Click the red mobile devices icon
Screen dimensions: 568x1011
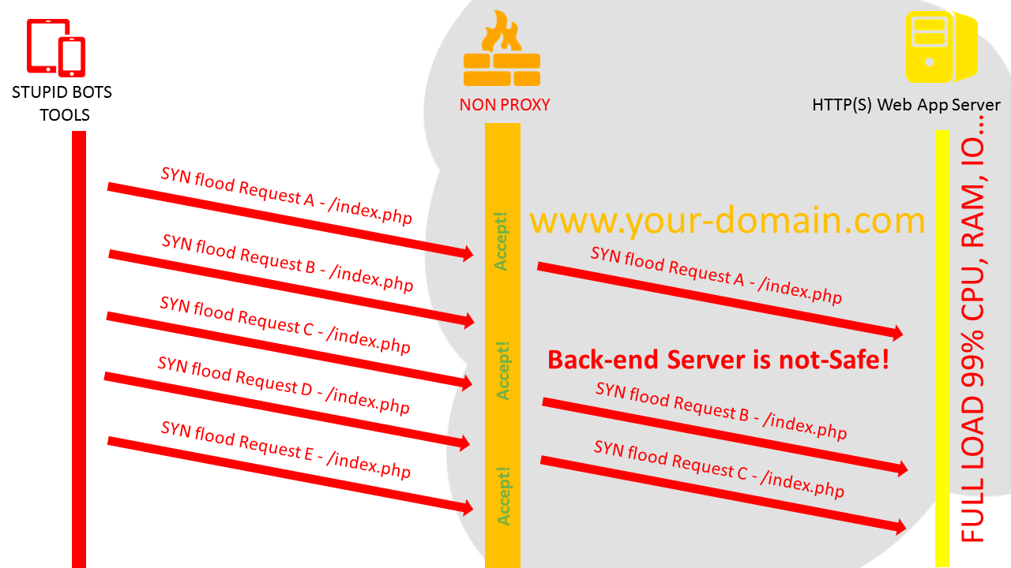pos(56,47)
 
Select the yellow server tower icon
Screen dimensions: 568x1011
pos(940,47)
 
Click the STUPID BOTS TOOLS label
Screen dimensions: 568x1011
pos(62,103)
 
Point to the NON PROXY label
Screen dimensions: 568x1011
pos(504,104)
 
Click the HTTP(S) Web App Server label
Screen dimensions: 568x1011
pos(906,105)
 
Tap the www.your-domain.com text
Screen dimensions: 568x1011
pos(727,220)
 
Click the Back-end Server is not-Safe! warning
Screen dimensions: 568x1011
pos(718,360)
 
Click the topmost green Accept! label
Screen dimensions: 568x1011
pos(502,241)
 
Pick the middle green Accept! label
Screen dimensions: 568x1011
pos(503,370)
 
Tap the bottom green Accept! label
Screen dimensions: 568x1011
pos(503,495)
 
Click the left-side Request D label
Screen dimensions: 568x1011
pos(284,385)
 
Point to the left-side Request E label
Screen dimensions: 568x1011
pos(285,450)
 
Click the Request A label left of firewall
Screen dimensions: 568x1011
pos(286,196)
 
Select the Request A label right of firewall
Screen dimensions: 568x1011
pos(716,275)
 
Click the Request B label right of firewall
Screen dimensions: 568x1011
pos(720,410)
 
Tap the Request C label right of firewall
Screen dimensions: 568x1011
pos(719,469)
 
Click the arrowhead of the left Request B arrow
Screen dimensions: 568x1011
pos(467,320)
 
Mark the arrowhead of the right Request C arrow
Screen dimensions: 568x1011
pos(899,526)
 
